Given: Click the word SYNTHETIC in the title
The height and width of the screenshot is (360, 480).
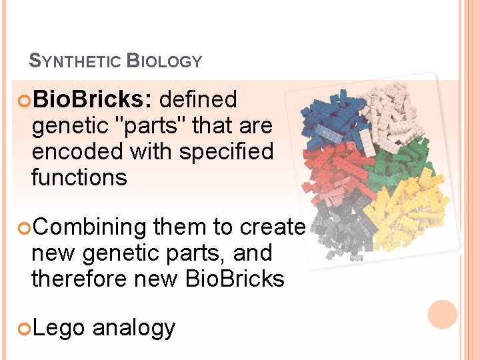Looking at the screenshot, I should pos(75,62).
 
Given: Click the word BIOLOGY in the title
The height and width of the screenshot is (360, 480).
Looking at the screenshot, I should pos(164,62).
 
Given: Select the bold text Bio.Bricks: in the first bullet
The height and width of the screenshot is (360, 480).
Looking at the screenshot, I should pos(93,100).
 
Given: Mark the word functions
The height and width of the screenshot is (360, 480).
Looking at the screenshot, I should pos(79,178).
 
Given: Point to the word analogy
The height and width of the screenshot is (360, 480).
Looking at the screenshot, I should pos(134,329).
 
